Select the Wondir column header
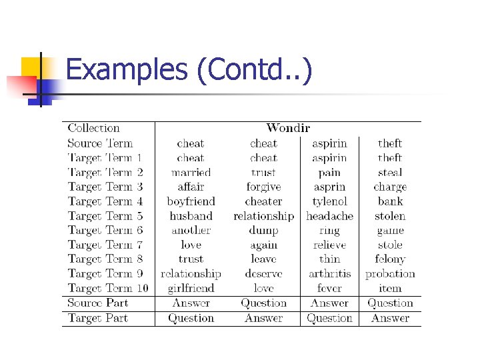tap(288, 128)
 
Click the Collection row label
tap(93, 128)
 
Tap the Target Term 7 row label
tap(105, 245)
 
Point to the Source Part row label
tap(97, 303)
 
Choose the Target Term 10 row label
tap(108, 288)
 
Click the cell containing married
tap(191, 172)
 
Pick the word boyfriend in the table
tap(191, 201)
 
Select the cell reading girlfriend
tap(191, 288)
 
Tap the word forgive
tap(263, 187)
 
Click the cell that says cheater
tap(263, 201)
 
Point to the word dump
tap(263, 231)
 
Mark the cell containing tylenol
tap(329, 201)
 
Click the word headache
tap(329, 216)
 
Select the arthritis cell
tap(329, 273)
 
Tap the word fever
tap(329, 288)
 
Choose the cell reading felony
tap(390, 259)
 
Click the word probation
tap(390, 274)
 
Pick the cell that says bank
tap(390, 201)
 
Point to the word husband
tap(191, 216)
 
